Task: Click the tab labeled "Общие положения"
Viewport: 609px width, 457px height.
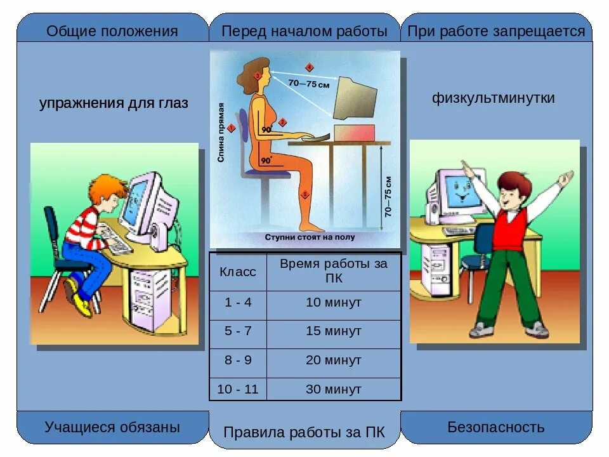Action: pos(112,31)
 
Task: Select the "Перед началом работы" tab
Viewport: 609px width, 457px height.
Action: pos(304,31)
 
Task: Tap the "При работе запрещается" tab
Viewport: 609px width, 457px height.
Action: pos(496,31)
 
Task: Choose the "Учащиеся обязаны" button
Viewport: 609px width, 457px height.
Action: pos(112,427)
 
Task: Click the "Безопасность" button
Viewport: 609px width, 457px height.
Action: pos(496,427)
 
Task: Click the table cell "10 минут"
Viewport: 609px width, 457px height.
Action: pos(334,303)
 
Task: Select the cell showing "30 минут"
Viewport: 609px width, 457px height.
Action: pos(334,389)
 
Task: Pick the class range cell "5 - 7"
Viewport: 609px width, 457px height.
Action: pos(238,331)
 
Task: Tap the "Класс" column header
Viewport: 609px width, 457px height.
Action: pos(238,272)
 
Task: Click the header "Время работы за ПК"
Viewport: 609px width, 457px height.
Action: pos(334,271)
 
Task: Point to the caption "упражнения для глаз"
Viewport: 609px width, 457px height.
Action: pos(114,103)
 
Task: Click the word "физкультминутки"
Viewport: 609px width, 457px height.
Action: pos(494,98)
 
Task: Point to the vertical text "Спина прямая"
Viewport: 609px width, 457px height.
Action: pos(221,133)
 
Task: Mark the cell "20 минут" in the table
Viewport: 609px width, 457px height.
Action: pos(334,360)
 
